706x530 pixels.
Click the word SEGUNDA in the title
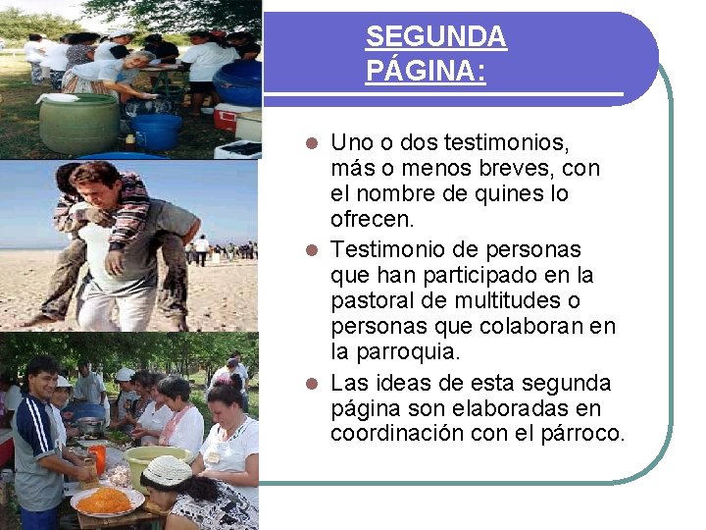435,37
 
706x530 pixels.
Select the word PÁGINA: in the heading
426,72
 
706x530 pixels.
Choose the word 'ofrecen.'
373,218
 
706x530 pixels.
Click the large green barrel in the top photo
78,123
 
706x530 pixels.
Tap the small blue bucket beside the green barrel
157,131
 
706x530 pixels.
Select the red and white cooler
227,117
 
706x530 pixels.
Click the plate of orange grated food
105,501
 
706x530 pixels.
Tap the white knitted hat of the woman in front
168,471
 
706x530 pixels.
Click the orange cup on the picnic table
97,457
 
